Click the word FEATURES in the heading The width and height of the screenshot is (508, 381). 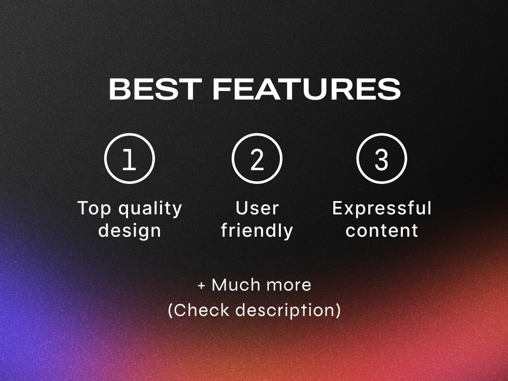(306, 89)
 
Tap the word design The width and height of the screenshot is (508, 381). (130, 231)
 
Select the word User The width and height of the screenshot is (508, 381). (257, 208)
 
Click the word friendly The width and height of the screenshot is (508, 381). (257, 231)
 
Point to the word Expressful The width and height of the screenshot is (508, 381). (382, 209)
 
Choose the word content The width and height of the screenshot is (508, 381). (382, 231)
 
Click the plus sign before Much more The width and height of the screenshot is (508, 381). (202, 285)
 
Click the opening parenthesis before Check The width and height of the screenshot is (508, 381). (171, 310)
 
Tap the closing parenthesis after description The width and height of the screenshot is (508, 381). (338, 310)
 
